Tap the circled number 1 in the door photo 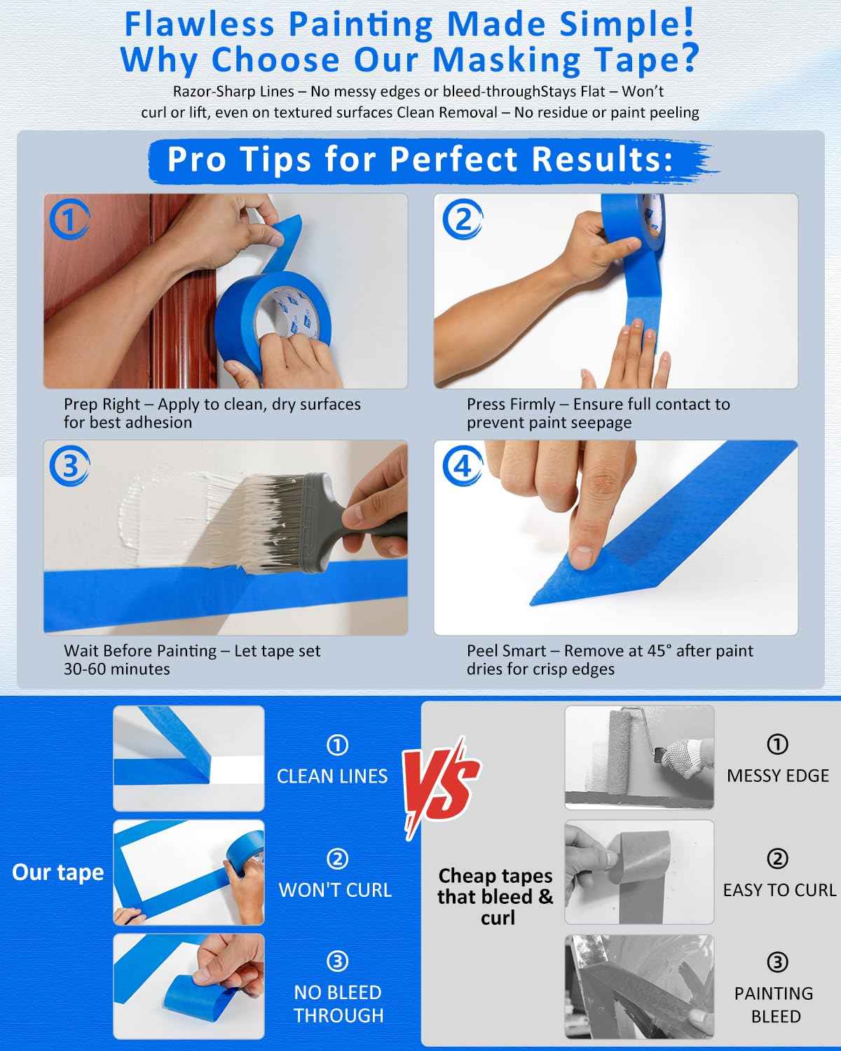69,220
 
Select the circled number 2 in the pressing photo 462,220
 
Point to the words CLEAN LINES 332,776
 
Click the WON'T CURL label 335,890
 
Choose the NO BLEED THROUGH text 339,1003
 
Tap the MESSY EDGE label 777,776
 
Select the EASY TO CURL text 779,890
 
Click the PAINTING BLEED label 774,1005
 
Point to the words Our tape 57,872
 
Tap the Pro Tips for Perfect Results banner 420,160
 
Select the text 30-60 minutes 117,669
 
